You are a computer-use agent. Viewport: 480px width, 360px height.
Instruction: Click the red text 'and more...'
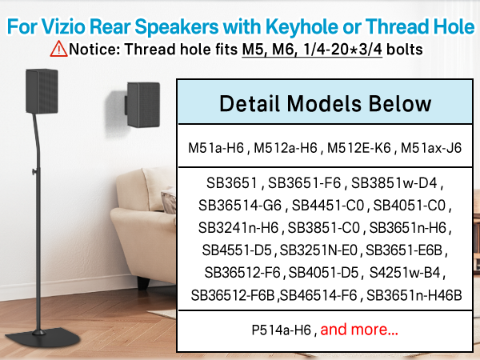tap(359, 329)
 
